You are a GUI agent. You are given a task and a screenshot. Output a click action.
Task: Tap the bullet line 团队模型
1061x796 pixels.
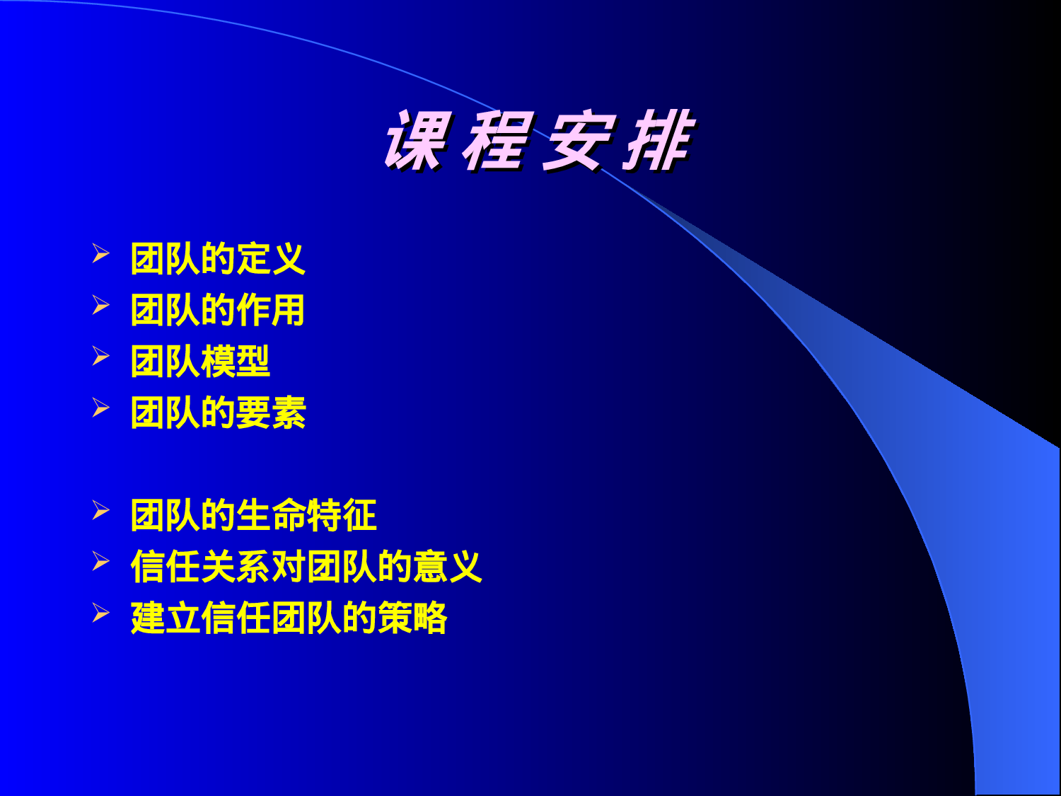(200, 362)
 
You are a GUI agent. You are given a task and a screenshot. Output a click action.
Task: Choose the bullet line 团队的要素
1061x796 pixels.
(218, 413)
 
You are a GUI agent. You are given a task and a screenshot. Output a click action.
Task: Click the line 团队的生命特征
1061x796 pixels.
(253, 515)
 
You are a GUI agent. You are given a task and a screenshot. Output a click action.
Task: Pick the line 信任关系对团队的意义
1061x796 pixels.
(306, 567)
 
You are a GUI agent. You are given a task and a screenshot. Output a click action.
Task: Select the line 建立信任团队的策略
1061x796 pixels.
(289, 618)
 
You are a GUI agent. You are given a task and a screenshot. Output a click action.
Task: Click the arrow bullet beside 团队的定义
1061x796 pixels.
(101, 253)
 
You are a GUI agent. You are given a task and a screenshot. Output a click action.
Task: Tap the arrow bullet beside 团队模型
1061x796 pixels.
(101, 356)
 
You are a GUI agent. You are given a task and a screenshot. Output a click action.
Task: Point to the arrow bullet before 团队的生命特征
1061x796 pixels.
(101, 509)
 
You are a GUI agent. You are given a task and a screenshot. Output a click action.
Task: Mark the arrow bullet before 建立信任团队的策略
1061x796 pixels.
(101, 613)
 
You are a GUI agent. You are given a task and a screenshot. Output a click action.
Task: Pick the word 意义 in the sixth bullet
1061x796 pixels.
(448, 567)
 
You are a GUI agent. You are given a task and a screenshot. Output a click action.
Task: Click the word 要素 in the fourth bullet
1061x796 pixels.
(271, 413)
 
